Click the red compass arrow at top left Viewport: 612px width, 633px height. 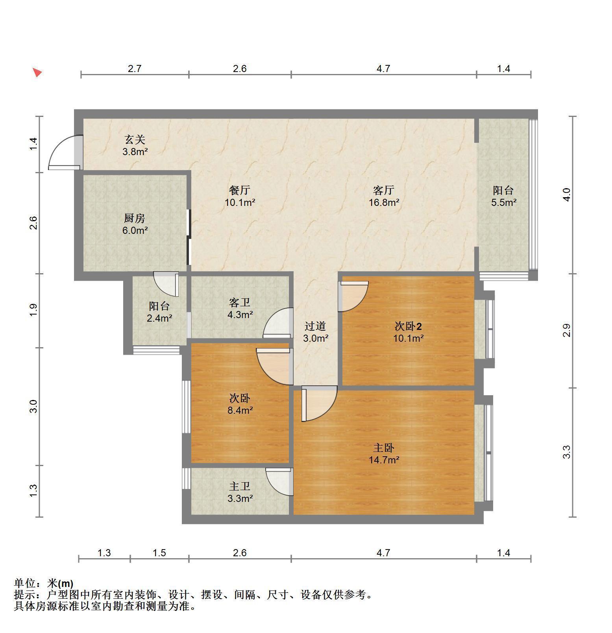pyautogui.click(x=37, y=72)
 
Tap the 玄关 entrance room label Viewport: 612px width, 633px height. pyautogui.click(x=135, y=139)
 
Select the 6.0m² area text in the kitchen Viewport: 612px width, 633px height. pyautogui.click(x=135, y=230)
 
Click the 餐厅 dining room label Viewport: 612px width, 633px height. pyautogui.click(x=240, y=190)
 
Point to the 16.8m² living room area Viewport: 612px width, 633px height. pyautogui.click(x=384, y=202)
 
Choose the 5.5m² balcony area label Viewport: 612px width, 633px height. pyautogui.click(x=504, y=202)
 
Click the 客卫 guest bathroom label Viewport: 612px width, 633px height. pyautogui.click(x=240, y=302)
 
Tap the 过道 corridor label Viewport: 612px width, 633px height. pyautogui.click(x=316, y=326)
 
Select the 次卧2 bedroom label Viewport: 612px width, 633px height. pyautogui.click(x=409, y=326)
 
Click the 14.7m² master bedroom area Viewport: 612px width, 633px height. pyautogui.click(x=384, y=459)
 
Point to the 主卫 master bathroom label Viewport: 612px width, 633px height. pyautogui.click(x=240, y=487)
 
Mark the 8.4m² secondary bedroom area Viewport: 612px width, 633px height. pyautogui.click(x=240, y=410)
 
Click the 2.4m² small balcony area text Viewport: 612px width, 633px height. pyautogui.click(x=159, y=318)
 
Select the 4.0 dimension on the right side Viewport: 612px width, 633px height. pyautogui.click(x=567, y=194)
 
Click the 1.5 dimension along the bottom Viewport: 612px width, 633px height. pyautogui.click(x=159, y=553)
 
